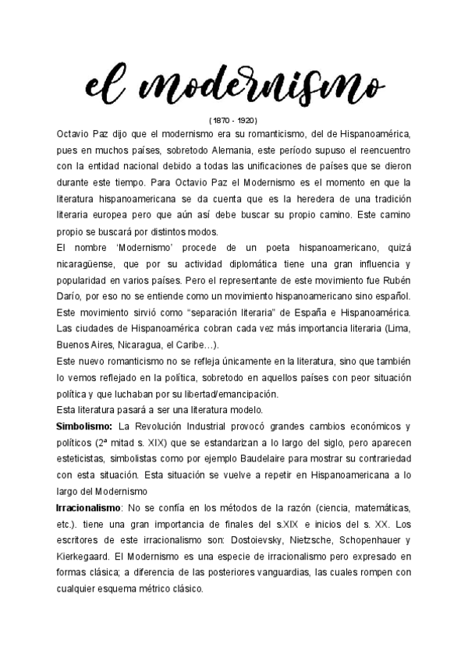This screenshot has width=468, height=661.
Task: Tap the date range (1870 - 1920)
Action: click(233, 121)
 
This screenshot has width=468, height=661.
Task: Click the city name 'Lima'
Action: click(394, 329)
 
